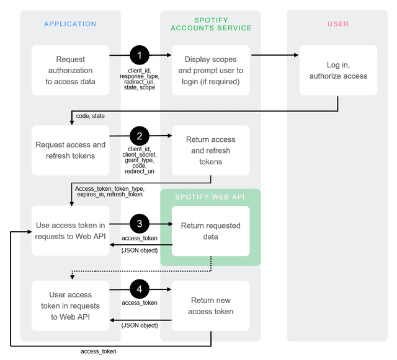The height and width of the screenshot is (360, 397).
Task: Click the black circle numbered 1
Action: coord(140,55)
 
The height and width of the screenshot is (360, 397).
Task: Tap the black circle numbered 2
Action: coord(140,136)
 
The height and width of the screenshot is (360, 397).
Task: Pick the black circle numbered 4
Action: coord(140,289)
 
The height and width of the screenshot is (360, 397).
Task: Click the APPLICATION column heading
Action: coord(70,24)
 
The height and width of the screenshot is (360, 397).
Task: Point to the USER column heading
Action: coord(338,24)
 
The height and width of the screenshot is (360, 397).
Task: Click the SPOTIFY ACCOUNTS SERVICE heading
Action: coord(211,24)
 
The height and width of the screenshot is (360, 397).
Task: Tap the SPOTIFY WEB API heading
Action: coord(210,197)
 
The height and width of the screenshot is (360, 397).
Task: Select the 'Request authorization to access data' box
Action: coord(71,70)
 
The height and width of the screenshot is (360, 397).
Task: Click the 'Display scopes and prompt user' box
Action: coord(211,70)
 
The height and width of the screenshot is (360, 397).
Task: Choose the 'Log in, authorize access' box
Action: coord(338,70)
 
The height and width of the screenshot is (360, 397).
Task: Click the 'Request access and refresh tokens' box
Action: coord(71,151)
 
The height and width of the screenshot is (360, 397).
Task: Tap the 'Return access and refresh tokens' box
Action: coord(211,151)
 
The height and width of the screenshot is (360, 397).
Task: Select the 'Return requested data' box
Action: coord(211,231)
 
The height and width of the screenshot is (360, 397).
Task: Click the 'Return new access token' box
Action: coord(211,306)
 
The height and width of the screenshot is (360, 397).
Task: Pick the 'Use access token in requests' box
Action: coord(71,231)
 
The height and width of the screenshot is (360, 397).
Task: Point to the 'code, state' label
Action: coord(90,116)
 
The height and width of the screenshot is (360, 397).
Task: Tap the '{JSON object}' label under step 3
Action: coord(140,250)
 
